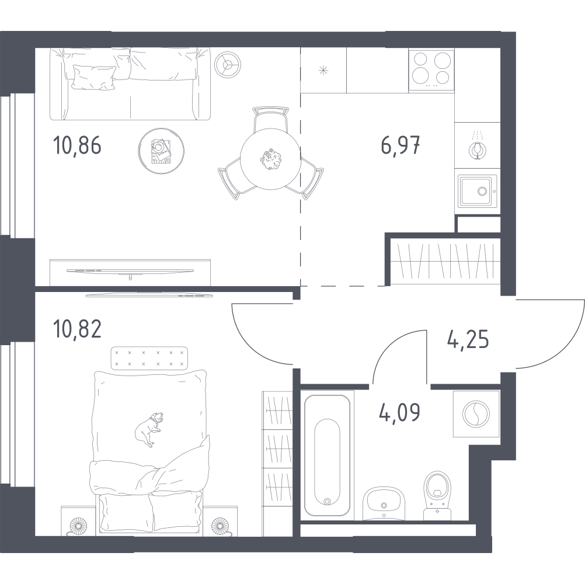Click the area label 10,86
(x=77, y=145)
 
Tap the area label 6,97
(x=401, y=145)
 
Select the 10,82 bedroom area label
(x=77, y=329)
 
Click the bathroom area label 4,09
(x=399, y=412)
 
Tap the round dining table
(x=270, y=159)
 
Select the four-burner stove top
(x=431, y=70)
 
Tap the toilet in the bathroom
(x=437, y=495)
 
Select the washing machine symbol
(x=476, y=414)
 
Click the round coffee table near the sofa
(x=161, y=151)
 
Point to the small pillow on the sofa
(x=93, y=77)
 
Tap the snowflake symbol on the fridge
(x=323, y=70)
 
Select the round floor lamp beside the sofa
(x=228, y=65)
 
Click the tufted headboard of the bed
(x=149, y=358)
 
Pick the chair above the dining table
(x=270, y=119)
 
